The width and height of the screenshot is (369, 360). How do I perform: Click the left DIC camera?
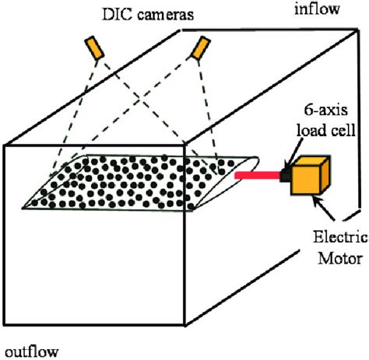(95, 48)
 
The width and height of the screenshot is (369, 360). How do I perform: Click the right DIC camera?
(200, 50)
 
